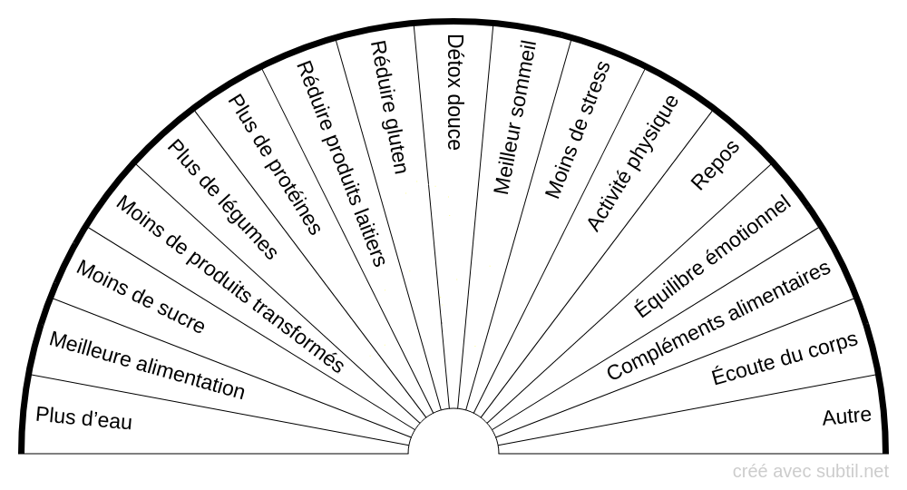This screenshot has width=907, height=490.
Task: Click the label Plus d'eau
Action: point(83,417)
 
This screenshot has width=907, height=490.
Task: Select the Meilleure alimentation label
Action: point(147,366)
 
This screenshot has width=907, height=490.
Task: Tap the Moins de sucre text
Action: point(140,297)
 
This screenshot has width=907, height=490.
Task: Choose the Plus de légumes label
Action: point(222,201)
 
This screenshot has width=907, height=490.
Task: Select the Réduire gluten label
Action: point(390,107)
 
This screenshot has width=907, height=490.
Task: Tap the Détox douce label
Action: point(454,92)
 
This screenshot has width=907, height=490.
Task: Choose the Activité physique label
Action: point(632,162)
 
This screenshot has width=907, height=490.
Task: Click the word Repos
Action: point(715,165)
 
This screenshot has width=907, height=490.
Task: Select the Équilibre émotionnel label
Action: point(712,257)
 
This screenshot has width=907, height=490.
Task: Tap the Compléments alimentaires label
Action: point(718,321)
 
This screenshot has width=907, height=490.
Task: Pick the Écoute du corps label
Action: point(785,359)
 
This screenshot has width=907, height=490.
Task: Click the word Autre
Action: point(846,416)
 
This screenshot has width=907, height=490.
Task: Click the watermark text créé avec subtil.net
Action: point(811,471)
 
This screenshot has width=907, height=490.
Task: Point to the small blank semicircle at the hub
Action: point(453,434)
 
